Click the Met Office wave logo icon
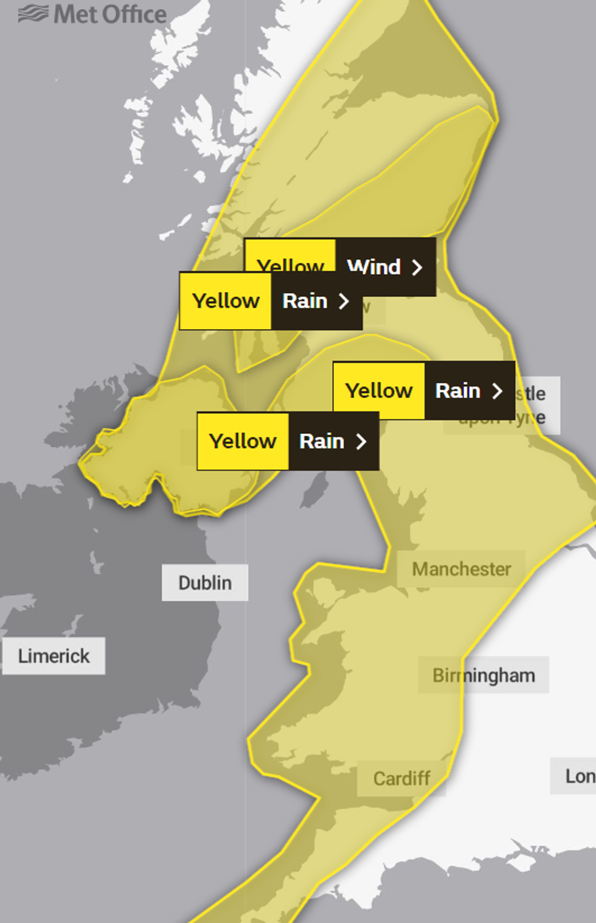(33, 13)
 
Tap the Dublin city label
(205, 583)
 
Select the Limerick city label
(54, 656)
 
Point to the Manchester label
(461, 569)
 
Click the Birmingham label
(483, 675)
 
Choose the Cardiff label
(401, 778)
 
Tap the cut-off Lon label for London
(578, 776)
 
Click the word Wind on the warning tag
(373, 267)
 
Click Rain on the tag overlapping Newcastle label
(457, 391)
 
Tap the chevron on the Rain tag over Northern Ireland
(361, 441)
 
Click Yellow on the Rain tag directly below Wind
(226, 301)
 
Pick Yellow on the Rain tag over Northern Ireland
(243, 441)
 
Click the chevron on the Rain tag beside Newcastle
(497, 391)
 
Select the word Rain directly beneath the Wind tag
(305, 301)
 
